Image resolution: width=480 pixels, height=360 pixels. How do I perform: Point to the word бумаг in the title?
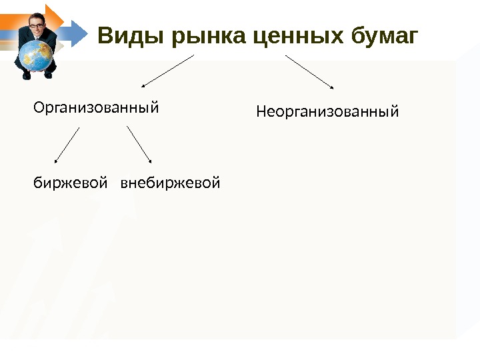click(x=385, y=35)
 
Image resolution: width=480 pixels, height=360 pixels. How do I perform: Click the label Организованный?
click(x=97, y=107)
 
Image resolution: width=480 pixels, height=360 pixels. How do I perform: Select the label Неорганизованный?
click(x=327, y=112)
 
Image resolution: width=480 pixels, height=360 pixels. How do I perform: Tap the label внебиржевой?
click(x=169, y=181)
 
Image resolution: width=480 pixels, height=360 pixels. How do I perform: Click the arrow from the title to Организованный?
click(x=167, y=71)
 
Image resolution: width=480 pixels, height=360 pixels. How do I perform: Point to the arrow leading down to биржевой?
click(x=67, y=145)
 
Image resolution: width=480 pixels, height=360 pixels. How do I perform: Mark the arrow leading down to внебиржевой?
click(x=139, y=145)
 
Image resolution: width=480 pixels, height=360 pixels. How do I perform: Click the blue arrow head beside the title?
click(x=78, y=31)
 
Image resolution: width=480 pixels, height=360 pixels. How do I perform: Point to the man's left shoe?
click(x=49, y=75)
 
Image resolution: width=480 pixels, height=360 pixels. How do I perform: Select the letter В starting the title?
click(x=106, y=35)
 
